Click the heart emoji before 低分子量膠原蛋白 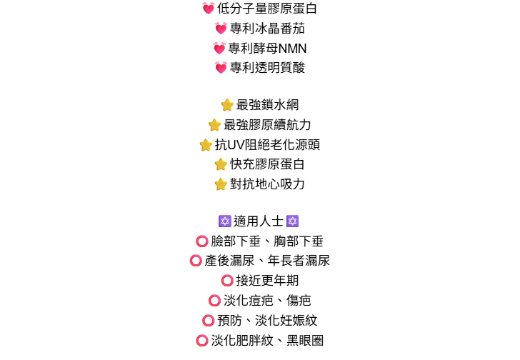[x=209, y=9]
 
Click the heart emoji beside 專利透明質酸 [x=221, y=69]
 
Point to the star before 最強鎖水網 [x=227, y=105]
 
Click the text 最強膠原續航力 [x=267, y=125]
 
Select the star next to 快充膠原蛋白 [x=221, y=164]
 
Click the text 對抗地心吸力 [x=267, y=184]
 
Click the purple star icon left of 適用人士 [x=224, y=221]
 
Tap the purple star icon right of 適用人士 [x=292, y=221]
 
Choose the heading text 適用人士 [x=259, y=221]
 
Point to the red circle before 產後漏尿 [x=196, y=261]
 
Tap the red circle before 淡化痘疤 [x=214, y=301]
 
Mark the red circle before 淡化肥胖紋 [x=202, y=341]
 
